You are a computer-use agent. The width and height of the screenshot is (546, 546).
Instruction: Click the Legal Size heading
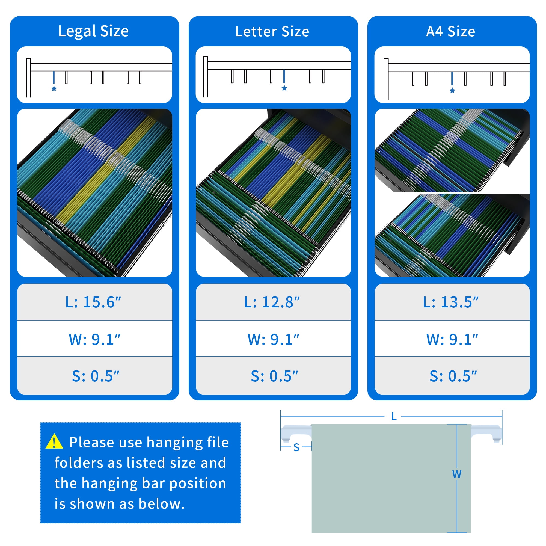(x=93, y=31)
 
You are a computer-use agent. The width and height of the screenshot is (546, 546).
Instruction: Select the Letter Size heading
(x=272, y=31)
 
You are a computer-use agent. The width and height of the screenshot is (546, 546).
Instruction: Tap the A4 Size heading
(x=450, y=31)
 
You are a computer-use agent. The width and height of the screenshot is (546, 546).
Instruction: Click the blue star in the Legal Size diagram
(x=54, y=89)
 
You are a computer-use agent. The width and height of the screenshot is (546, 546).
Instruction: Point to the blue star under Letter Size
(x=284, y=88)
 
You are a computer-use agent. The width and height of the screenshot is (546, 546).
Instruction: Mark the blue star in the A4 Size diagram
(x=452, y=90)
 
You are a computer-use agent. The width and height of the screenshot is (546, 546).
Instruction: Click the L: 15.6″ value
(x=93, y=302)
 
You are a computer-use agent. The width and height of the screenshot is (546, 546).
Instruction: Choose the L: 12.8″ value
(x=272, y=302)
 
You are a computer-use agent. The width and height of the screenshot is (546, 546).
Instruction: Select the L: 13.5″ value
(x=451, y=302)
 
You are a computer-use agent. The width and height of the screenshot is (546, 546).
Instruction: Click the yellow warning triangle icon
(x=54, y=442)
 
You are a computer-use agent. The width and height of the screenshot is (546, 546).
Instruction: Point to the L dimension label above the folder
(x=394, y=416)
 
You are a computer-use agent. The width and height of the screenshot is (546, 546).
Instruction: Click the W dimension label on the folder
(x=457, y=474)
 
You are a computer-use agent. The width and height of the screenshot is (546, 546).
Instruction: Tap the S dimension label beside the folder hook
(x=296, y=447)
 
